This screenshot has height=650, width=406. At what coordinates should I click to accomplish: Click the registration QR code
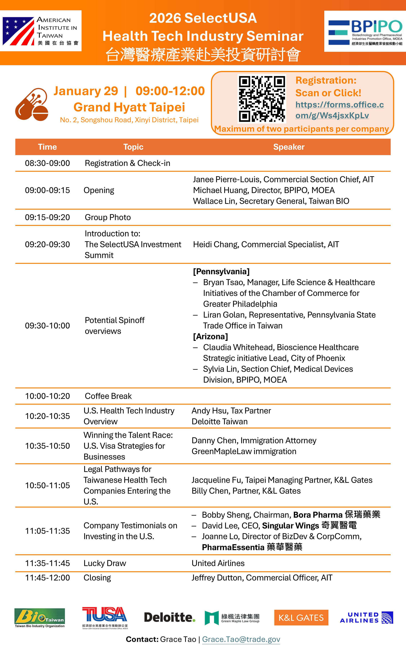262,99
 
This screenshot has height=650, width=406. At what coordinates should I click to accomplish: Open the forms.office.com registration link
339,110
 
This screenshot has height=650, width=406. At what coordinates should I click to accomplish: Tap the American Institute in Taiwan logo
41,31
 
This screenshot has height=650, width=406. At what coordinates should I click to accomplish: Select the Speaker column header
289,147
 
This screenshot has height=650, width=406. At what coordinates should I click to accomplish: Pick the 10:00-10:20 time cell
47,396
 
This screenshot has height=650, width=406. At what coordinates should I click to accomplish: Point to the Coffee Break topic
108,396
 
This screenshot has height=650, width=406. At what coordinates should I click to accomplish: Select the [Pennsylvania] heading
221,272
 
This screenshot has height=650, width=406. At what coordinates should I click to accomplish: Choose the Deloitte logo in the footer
169,617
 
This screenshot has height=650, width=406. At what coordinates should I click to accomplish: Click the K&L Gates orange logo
301,617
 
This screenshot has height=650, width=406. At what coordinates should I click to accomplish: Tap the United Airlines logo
366,617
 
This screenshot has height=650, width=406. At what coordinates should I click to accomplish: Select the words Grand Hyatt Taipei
129,107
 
